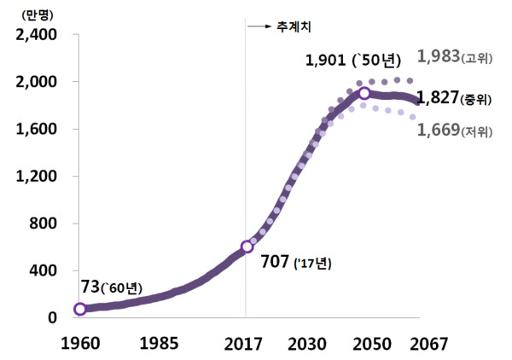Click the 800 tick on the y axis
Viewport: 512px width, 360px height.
click(x=39, y=224)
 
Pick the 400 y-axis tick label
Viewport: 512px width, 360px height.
click(x=39, y=270)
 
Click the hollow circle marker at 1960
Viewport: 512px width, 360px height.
click(x=79, y=309)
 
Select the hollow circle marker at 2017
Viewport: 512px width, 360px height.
click(x=247, y=247)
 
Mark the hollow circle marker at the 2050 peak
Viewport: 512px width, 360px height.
click(x=364, y=93)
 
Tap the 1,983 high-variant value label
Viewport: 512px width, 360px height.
click(x=437, y=57)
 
